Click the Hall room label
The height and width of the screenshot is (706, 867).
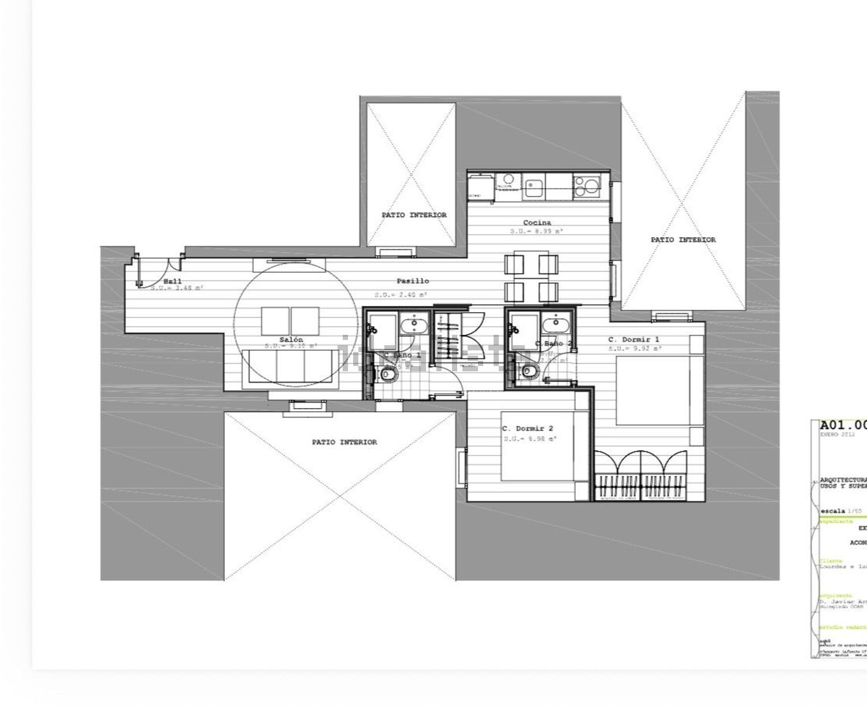172,281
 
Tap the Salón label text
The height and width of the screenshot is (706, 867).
291,340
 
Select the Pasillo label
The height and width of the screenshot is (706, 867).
413,281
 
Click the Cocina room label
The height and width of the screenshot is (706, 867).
537,223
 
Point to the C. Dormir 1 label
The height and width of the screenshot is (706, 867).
633,339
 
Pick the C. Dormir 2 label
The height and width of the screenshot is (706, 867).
527,428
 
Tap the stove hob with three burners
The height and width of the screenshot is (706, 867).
587,186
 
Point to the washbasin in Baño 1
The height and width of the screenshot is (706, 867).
413,325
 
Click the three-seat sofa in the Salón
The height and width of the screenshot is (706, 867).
291,365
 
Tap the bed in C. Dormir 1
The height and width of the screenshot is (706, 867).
659,391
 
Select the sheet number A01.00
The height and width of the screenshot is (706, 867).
843,426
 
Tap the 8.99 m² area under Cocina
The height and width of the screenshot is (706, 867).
536,231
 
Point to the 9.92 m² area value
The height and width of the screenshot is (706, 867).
634,349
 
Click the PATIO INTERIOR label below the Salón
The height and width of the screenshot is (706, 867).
344,442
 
